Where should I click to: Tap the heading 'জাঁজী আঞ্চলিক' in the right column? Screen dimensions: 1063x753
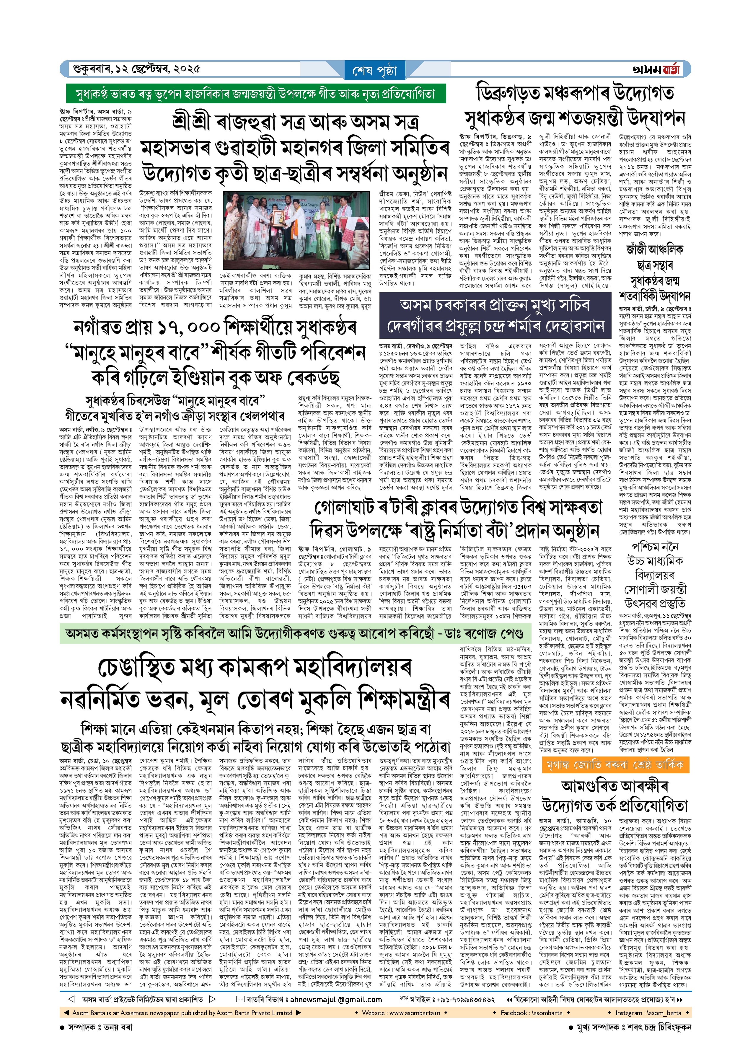click(x=654, y=250)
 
